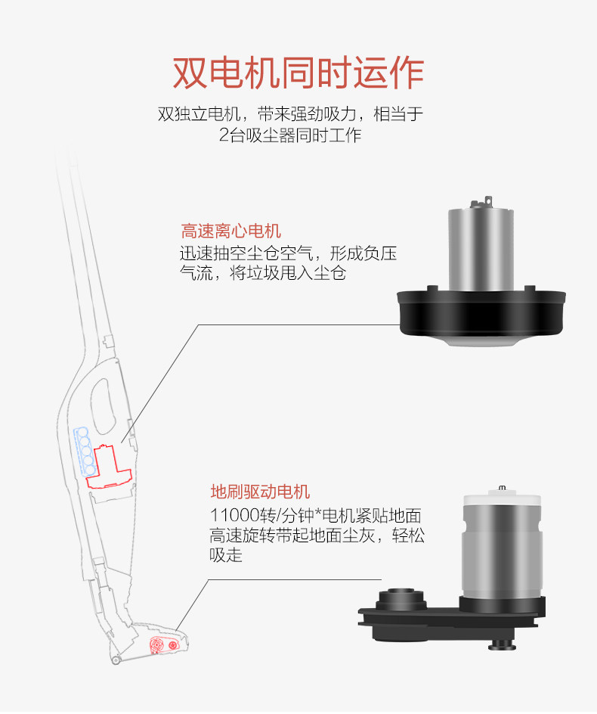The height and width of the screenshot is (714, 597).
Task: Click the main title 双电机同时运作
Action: tap(298, 73)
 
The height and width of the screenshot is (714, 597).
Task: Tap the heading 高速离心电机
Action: tap(230, 231)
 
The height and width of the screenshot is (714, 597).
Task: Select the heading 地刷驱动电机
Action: tap(260, 492)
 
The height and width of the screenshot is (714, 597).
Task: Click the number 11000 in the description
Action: tap(234, 516)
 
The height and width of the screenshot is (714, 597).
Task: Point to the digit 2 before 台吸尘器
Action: tap(224, 135)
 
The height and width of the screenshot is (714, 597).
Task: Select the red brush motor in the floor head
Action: tap(164, 644)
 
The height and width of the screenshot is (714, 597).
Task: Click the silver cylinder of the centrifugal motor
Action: tap(481, 250)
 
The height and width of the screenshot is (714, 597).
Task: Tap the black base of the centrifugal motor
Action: tap(481, 314)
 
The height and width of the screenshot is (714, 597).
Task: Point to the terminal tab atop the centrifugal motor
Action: tap(488, 201)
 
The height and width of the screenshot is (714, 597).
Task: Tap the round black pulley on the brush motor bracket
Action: tap(401, 599)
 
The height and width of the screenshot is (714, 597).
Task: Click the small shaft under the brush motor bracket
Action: tap(501, 644)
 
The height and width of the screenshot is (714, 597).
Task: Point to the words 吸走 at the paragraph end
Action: tap(226, 555)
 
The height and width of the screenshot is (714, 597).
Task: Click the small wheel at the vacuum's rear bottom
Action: tap(116, 660)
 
